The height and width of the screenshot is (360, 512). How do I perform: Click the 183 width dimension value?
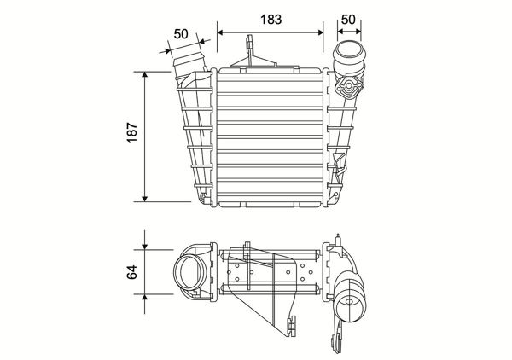[x=271, y=20]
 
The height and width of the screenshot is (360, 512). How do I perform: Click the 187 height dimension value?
[x=132, y=132]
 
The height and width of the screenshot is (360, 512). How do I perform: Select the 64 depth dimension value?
[x=132, y=272]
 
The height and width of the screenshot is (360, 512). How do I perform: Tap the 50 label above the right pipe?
[x=348, y=20]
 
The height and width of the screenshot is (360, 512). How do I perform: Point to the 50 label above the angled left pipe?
[x=181, y=34]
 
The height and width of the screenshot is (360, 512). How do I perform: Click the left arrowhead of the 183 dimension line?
[x=220, y=32]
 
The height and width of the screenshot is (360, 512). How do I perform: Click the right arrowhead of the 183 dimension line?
[x=320, y=32]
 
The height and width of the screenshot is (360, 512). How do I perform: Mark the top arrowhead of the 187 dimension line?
[x=145, y=75]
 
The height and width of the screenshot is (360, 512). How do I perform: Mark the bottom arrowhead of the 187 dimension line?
[x=145, y=199]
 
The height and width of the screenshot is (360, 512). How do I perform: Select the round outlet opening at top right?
[x=348, y=52]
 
